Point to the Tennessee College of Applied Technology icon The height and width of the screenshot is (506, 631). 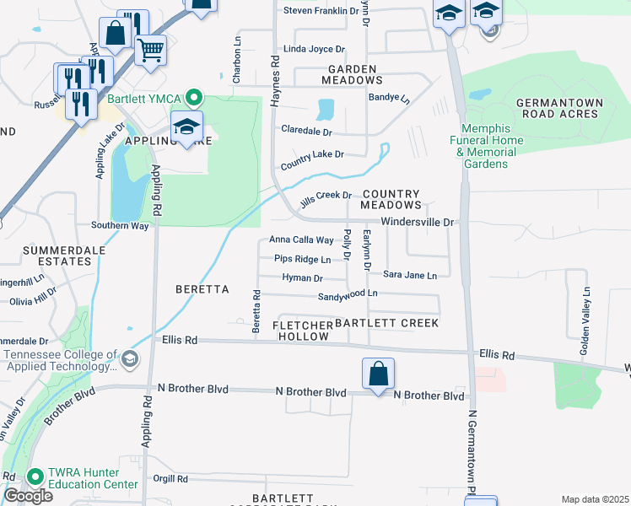tap(129, 360)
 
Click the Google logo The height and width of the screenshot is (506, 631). tap(28, 496)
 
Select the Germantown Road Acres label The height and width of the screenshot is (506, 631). tap(561, 107)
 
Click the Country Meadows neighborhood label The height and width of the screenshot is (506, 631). tap(391, 199)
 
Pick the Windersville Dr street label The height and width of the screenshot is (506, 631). tap(418, 222)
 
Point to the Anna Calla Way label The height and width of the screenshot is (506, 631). tap(301, 240)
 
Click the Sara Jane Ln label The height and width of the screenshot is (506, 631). tap(410, 275)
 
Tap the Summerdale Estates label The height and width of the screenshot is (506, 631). tap(57, 256)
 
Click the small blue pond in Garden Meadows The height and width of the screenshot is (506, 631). tap(325, 109)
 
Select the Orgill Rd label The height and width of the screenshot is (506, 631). tap(171, 479)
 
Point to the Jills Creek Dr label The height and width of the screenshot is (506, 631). tap(326, 195)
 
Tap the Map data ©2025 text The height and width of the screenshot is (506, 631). tap(595, 499)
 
